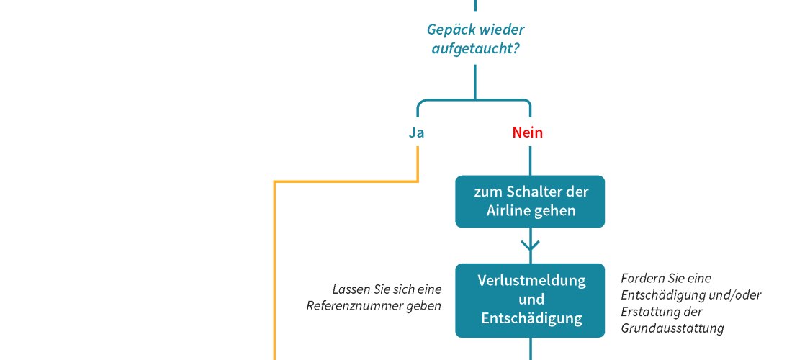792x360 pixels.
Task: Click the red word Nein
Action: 527,132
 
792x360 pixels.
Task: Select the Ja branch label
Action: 416,132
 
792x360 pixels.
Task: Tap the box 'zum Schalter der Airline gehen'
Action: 530,202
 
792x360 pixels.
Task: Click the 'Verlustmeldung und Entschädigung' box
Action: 530,300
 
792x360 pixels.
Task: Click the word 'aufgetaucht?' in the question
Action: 475,50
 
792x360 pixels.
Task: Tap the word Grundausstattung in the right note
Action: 672,329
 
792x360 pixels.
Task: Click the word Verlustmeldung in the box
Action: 531,280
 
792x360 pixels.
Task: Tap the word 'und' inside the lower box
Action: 531,300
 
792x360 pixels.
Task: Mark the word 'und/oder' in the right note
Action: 735,295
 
